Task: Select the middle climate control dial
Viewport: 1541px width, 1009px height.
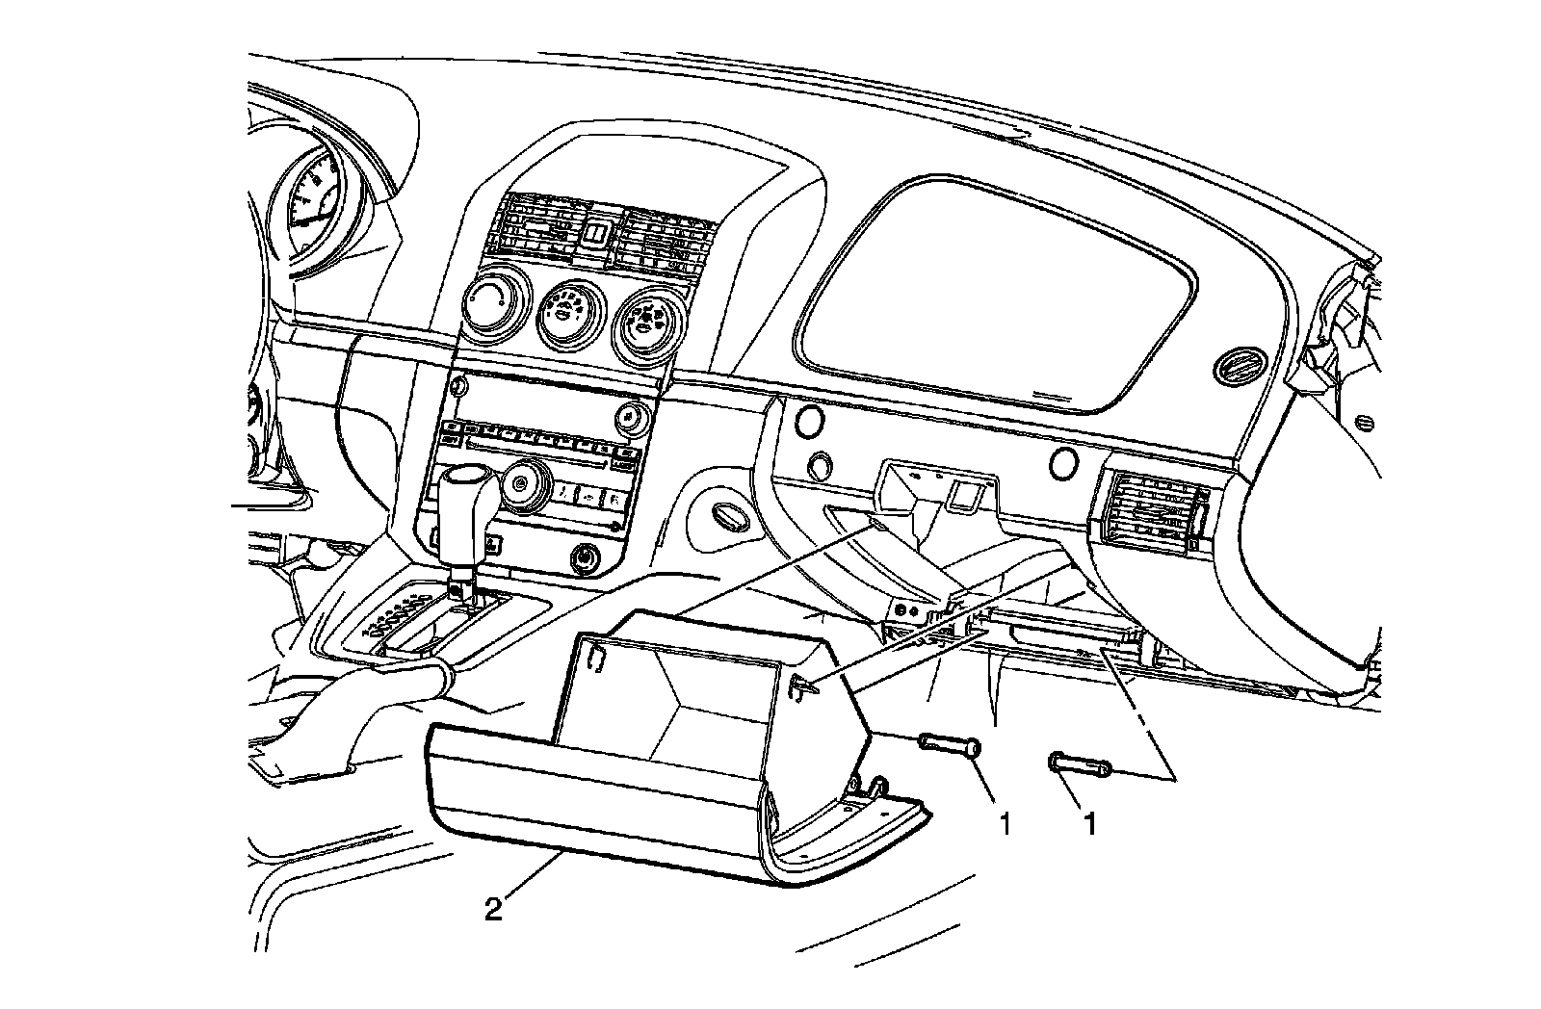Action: click(x=570, y=315)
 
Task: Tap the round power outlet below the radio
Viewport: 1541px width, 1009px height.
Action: click(x=585, y=557)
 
